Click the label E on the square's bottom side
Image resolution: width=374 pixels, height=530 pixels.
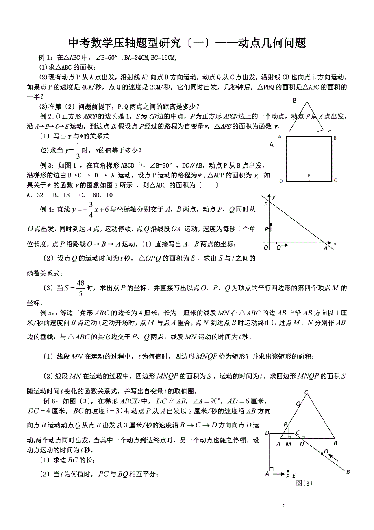(309, 175)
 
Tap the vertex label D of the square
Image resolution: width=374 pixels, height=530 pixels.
(281, 181)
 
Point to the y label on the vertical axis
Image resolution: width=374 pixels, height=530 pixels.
(274, 197)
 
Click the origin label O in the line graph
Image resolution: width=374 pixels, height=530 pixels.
(266, 247)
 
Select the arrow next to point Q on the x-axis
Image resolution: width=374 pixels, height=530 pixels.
(285, 245)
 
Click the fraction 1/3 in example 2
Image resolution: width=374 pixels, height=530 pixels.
(78, 151)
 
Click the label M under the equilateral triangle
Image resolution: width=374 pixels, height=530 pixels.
(288, 444)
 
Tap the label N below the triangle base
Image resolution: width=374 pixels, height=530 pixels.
(302, 444)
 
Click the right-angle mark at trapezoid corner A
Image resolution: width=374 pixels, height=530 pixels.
(272, 469)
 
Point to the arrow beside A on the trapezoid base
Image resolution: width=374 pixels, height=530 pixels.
(278, 474)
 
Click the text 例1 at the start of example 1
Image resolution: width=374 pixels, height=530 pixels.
(43, 57)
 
